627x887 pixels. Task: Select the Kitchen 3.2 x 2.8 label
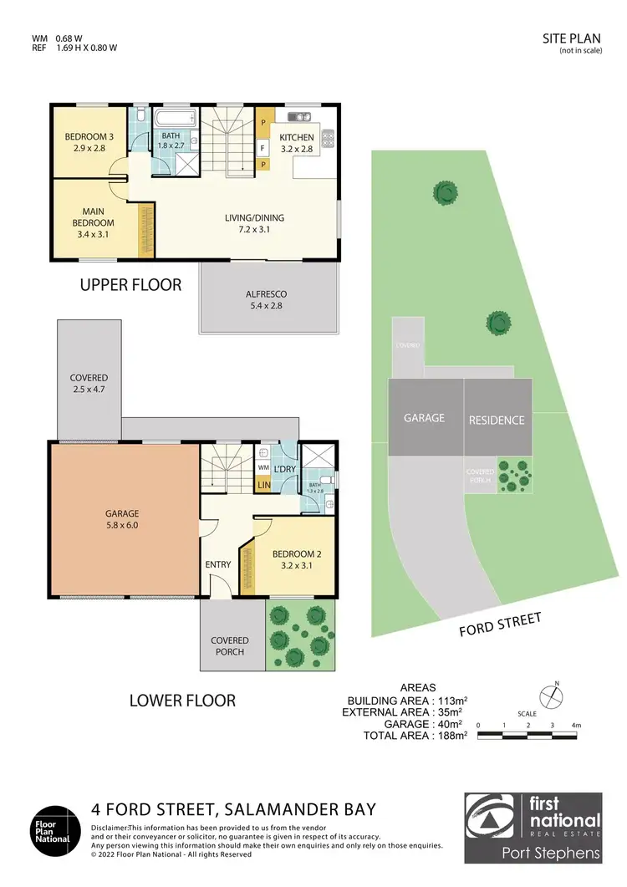[x=296, y=143]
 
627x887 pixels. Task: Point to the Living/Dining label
[x=248, y=224]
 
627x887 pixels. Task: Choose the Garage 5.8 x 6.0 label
[x=122, y=519]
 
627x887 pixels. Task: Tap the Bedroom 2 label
[x=292, y=559]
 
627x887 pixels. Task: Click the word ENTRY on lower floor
[x=218, y=565]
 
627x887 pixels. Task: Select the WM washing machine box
[x=263, y=469]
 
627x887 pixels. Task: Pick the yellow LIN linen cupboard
[x=263, y=484]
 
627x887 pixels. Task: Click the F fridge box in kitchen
[x=263, y=148]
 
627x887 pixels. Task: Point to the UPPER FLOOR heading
[x=130, y=285]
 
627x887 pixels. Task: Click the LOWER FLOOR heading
[x=182, y=700]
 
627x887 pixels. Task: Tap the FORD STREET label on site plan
[x=501, y=624]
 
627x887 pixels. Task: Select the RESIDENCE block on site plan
[x=497, y=420]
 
